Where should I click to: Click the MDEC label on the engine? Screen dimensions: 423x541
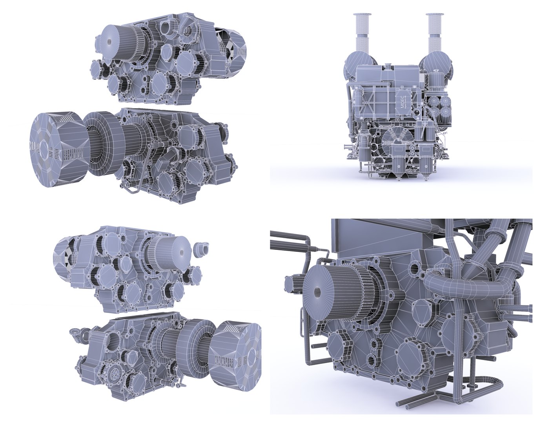[404, 101]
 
